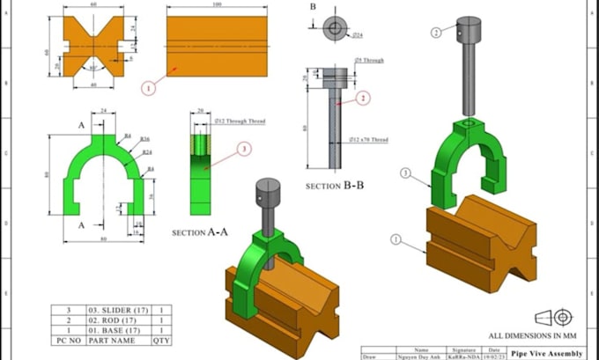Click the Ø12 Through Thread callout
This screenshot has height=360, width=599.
coord(237,121)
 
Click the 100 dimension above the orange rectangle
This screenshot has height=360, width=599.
coord(217,5)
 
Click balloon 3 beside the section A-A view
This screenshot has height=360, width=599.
coord(243,150)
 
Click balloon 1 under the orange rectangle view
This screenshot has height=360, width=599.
coord(148,87)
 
